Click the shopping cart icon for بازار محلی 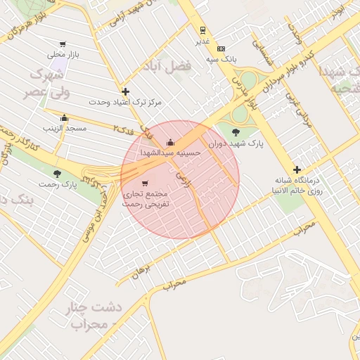point(64,44)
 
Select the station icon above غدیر point(202,30)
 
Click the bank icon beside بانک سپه point(221,49)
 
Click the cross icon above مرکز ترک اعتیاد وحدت point(125,91)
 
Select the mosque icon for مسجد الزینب point(65,118)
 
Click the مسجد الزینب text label point(65,129)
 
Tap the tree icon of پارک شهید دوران point(236,131)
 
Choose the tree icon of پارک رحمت point(57,174)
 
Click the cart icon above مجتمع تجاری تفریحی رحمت point(146,183)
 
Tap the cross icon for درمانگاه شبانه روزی point(297,169)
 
